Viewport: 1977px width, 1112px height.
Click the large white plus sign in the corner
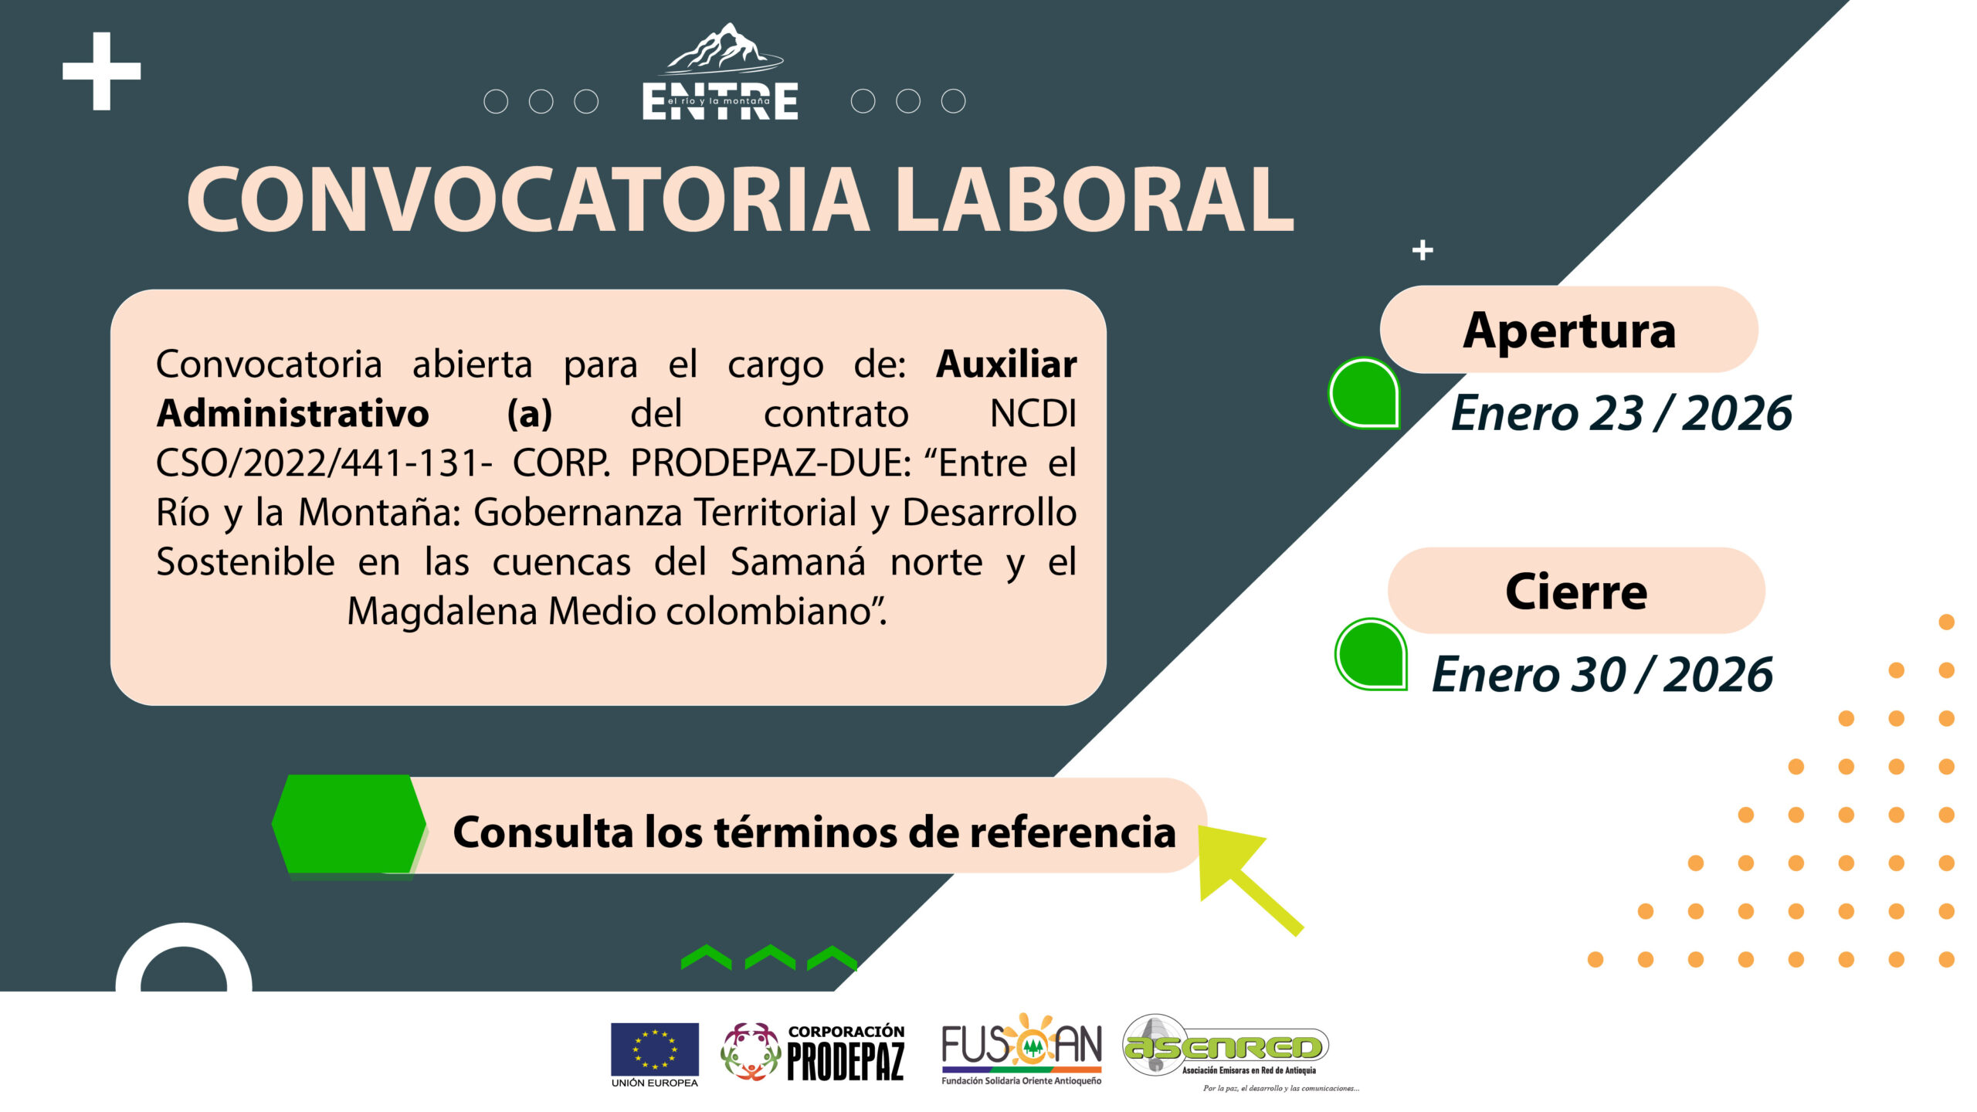(101, 71)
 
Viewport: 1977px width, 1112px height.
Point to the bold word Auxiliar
(1006, 364)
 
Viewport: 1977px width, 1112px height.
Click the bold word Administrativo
(293, 413)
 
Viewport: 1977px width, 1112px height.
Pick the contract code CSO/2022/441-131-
(324, 463)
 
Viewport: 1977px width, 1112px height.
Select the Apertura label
(1569, 331)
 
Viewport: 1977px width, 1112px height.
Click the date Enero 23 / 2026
(1621, 413)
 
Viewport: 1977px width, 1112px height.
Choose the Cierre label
(1576, 592)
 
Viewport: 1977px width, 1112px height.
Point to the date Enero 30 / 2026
(1602, 674)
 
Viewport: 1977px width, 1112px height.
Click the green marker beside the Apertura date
(1365, 393)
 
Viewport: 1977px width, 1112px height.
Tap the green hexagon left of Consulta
(349, 824)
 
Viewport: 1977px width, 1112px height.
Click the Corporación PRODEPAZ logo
(812, 1053)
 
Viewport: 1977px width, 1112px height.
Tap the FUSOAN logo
(1022, 1049)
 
